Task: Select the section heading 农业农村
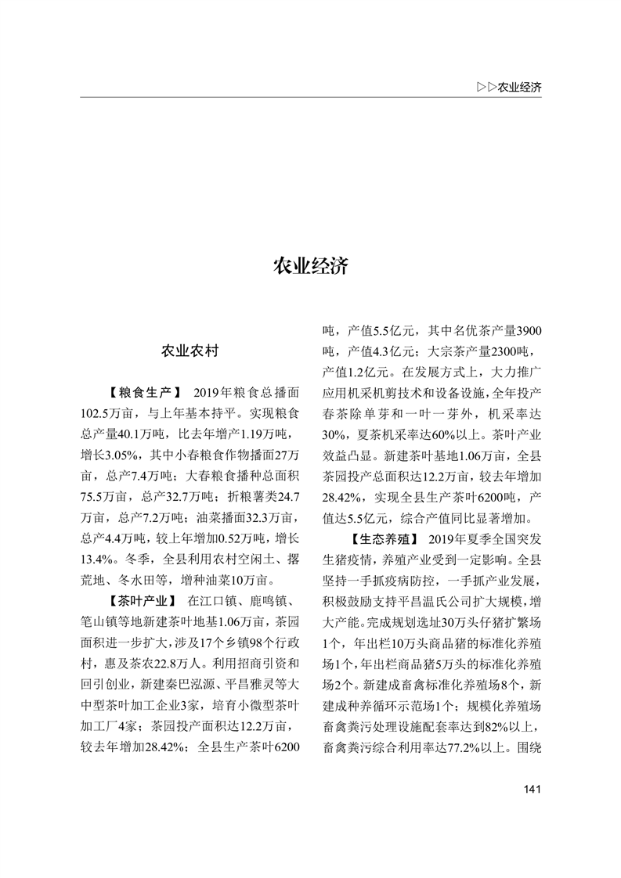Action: click(x=190, y=351)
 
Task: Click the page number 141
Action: click(x=532, y=788)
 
